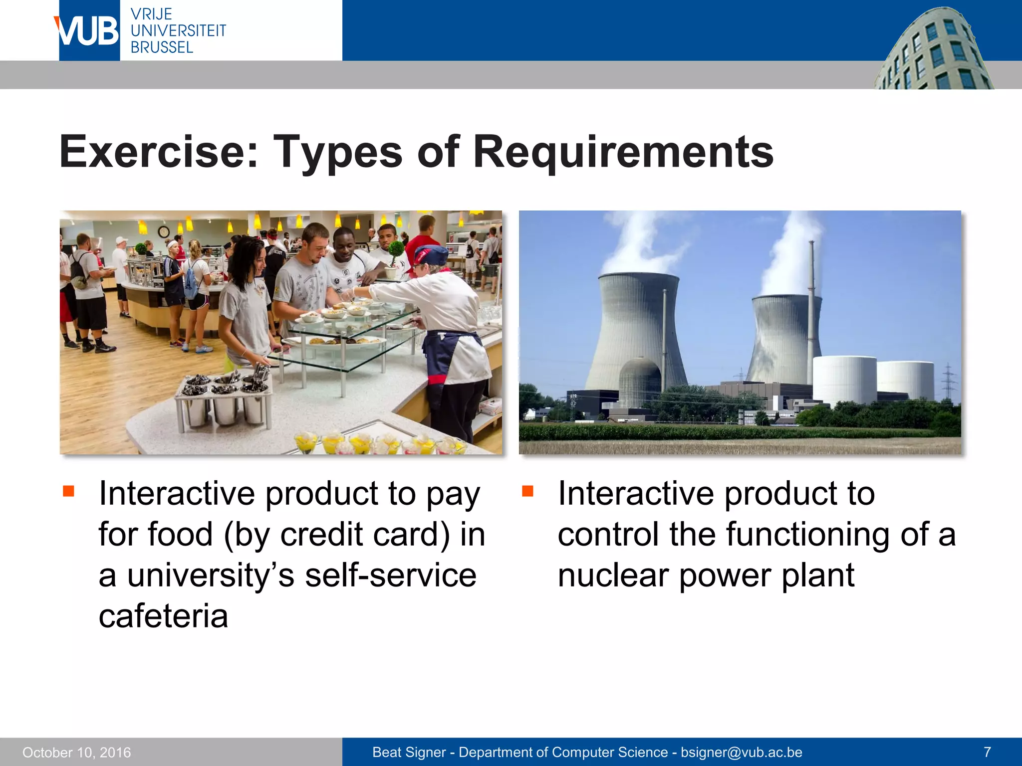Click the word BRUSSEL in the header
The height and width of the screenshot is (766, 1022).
(x=162, y=47)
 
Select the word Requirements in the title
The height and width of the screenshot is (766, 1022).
(x=623, y=152)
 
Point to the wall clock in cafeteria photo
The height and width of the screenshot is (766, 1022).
(x=164, y=232)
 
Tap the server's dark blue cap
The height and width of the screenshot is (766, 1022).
(x=430, y=254)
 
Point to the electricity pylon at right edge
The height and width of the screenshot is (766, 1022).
(x=948, y=382)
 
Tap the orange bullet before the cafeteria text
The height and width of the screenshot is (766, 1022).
(x=68, y=492)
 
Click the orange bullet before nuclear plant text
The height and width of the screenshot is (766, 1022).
(x=527, y=492)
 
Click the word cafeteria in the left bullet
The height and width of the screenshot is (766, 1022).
(x=163, y=616)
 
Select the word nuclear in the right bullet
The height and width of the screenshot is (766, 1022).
(x=613, y=575)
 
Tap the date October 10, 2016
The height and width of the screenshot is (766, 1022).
(x=77, y=752)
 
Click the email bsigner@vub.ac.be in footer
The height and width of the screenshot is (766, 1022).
(x=741, y=752)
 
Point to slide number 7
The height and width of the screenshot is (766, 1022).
(x=987, y=752)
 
